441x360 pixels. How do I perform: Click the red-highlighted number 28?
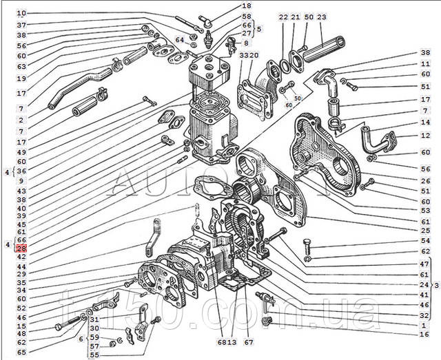tap(21, 248)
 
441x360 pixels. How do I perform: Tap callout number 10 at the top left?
tap(21, 13)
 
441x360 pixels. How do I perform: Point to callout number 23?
tap(321, 17)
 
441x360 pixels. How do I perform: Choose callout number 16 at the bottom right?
tap(424, 334)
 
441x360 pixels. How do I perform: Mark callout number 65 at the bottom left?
tap(21, 351)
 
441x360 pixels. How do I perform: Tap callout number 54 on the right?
tap(425, 241)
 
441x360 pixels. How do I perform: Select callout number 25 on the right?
tap(425, 230)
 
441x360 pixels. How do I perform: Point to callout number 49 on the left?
tap(21, 152)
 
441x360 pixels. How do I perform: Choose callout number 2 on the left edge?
tap(21, 119)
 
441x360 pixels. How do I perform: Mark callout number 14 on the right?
tap(425, 122)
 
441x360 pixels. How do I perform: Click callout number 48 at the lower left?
tap(21, 334)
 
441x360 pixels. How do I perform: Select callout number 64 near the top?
tap(179, 40)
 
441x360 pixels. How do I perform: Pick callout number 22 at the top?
tap(283, 17)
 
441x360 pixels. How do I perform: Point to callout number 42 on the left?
tap(21, 256)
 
